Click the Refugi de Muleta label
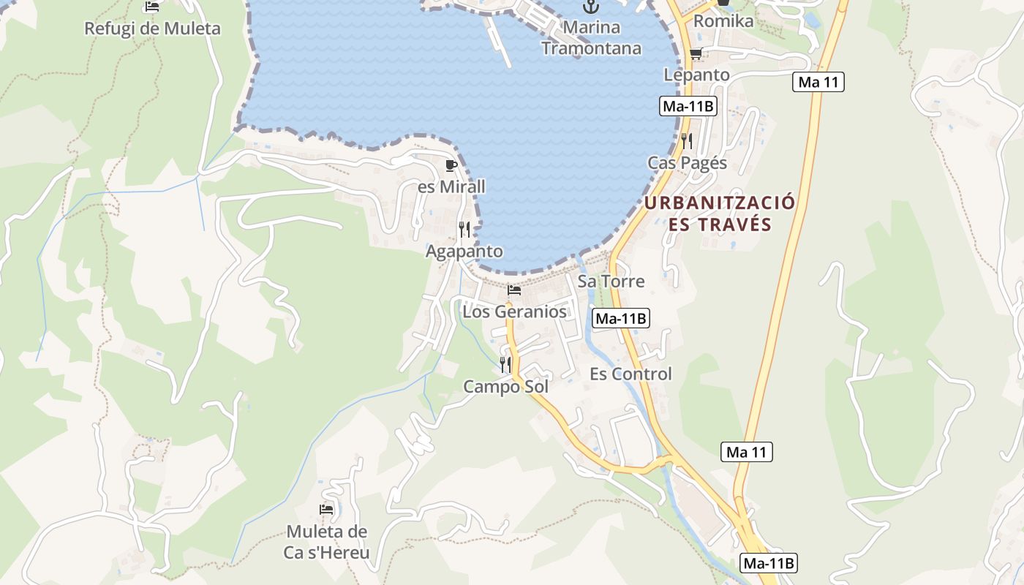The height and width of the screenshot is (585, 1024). click(x=152, y=29)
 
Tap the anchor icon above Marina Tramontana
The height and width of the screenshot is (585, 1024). click(x=590, y=7)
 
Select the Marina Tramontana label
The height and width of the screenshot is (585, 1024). click(x=591, y=38)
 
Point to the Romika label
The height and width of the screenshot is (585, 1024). click(x=723, y=21)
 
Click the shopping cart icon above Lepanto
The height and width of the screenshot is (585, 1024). click(x=696, y=54)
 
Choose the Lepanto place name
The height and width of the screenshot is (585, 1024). click(x=696, y=75)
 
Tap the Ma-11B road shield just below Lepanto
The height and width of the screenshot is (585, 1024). click(x=688, y=106)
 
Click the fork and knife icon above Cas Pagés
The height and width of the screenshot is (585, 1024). click(x=687, y=140)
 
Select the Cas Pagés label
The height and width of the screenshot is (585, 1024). click(x=688, y=162)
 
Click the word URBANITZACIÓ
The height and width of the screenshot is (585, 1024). click(x=720, y=203)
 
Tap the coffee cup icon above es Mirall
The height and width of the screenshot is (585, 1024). click(x=451, y=166)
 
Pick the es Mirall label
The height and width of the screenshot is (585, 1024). click(x=451, y=186)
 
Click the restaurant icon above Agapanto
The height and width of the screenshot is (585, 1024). click(x=464, y=230)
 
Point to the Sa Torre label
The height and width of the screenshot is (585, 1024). click(x=611, y=281)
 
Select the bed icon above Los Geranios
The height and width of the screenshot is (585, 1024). click(x=514, y=290)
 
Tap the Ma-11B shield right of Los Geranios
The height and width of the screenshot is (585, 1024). click(x=621, y=318)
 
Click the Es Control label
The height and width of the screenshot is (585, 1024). click(x=630, y=374)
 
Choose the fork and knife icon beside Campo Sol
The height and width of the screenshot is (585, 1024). click(x=505, y=364)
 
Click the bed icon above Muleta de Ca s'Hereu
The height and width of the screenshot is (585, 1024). click(x=326, y=510)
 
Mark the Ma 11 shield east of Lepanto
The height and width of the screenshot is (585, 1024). click(x=818, y=82)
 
